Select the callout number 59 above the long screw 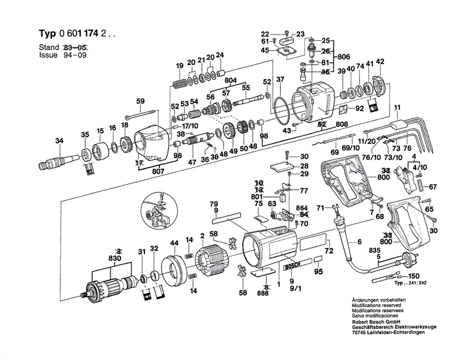[140, 101]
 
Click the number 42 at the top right [380, 61]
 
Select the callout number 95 [319, 272]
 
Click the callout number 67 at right [432, 187]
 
